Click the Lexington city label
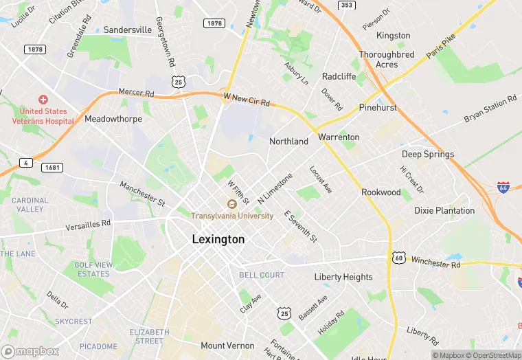coord(218,240)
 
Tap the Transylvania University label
coord(232,216)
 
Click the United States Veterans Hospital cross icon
coord(43,100)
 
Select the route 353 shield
coord(347,5)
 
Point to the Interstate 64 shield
coord(505,187)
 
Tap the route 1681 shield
coord(51,168)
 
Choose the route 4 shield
coord(25,162)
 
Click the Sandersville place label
coord(127,30)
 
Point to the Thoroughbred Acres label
coord(387,59)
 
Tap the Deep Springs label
coord(427,155)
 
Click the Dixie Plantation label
coord(444,211)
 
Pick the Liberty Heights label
coord(343,278)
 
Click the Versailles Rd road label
coord(88,224)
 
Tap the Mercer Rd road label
coord(136,92)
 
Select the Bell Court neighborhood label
coord(262,275)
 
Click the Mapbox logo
coord(30,351)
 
